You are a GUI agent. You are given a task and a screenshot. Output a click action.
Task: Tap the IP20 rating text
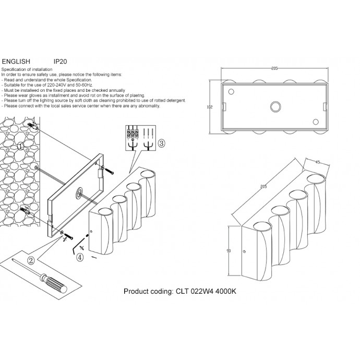[x=60, y=61]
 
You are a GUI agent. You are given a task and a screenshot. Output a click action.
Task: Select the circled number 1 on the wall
[x=20, y=147]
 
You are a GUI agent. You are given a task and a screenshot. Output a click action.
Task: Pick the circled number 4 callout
[x=80, y=257]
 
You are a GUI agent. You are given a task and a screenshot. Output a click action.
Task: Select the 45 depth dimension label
[x=317, y=162]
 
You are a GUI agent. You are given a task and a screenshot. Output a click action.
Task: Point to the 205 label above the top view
[x=274, y=69]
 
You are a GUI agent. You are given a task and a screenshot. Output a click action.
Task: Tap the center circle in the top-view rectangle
[x=274, y=107]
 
